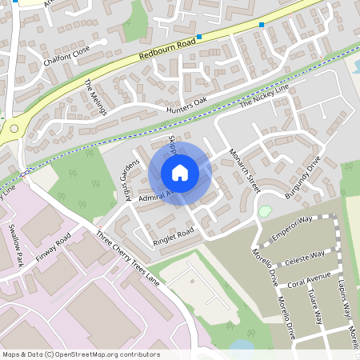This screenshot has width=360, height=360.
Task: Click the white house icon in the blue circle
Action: pyautogui.click(x=180, y=172)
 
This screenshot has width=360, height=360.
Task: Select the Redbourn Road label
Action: pyautogui.click(x=166, y=50)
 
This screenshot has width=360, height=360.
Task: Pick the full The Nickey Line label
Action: pyautogui.click(x=262, y=94)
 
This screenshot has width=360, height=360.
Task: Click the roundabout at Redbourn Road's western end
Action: pyautogui.click(x=14, y=128)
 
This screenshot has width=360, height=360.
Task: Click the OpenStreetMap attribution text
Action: pyautogui.click(x=82, y=354)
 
